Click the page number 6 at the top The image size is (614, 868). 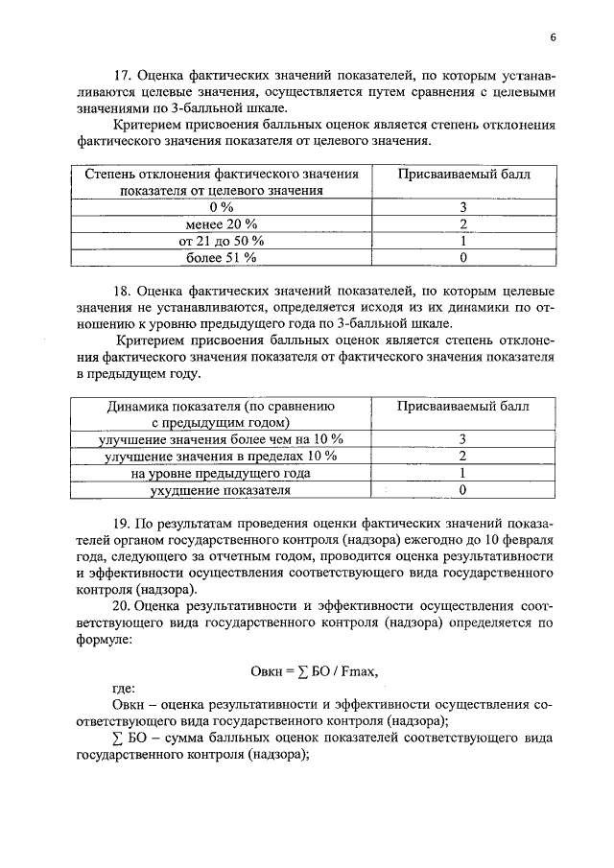coord(554,37)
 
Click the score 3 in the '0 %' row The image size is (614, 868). coord(462,207)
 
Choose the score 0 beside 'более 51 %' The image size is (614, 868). coord(462,257)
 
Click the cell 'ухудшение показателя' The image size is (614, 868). coord(221,490)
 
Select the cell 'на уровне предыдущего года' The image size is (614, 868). coord(221,473)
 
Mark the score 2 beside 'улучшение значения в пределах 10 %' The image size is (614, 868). coord(462,456)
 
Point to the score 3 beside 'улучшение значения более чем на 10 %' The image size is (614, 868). coord(462,438)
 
